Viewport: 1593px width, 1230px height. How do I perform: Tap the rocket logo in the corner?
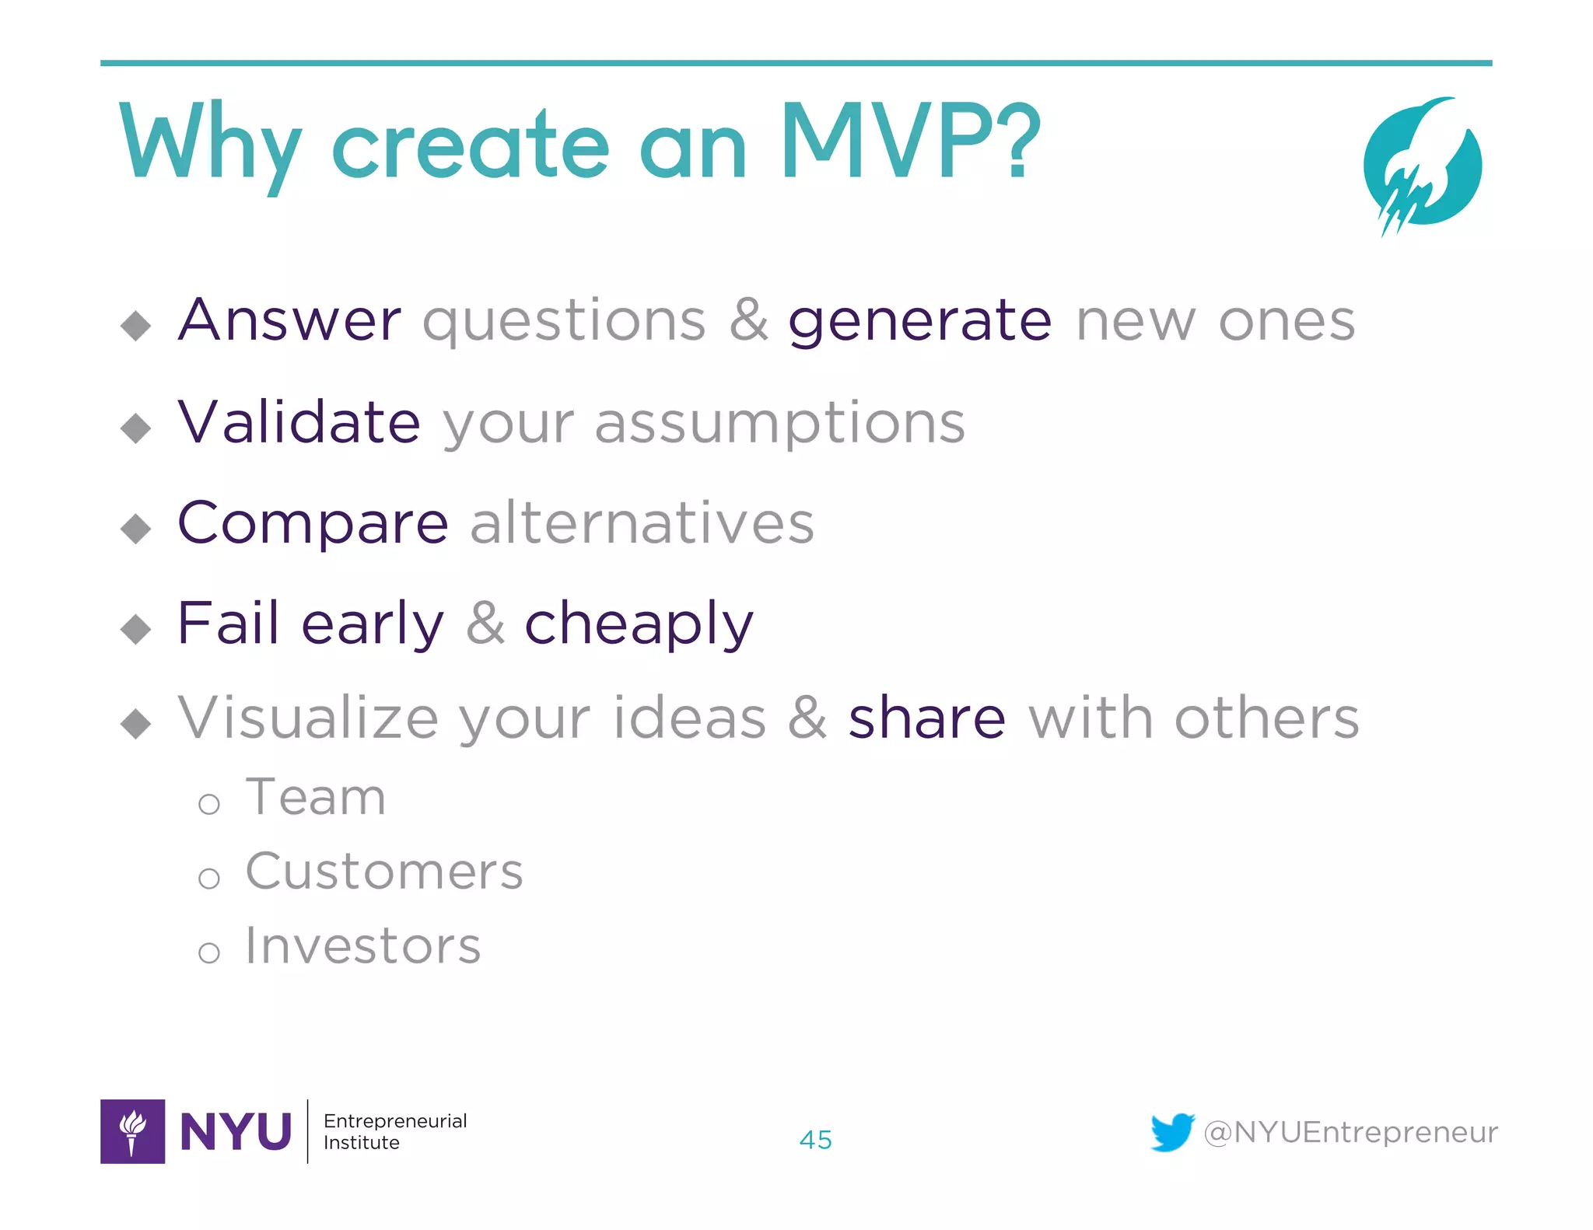pos(1422,165)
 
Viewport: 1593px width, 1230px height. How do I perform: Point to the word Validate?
pos(299,421)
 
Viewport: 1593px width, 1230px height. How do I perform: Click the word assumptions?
pos(779,425)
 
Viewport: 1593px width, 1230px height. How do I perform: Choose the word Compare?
pos(313,524)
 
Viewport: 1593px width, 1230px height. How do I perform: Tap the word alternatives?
pos(642,522)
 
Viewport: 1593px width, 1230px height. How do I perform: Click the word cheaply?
pos(639,625)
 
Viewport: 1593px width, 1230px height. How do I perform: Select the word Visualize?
pos(308,717)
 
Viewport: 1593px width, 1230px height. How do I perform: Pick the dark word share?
pos(926,717)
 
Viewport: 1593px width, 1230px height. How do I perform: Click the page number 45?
pos(815,1140)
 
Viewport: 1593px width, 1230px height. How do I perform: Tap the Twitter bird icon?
pos(1171,1132)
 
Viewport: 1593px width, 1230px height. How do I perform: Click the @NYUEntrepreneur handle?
pos(1350,1132)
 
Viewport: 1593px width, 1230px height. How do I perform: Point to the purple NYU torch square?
pos(132,1131)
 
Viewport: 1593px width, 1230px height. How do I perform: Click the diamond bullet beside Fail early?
pos(136,629)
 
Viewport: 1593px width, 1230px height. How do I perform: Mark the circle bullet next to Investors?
pos(208,952)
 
